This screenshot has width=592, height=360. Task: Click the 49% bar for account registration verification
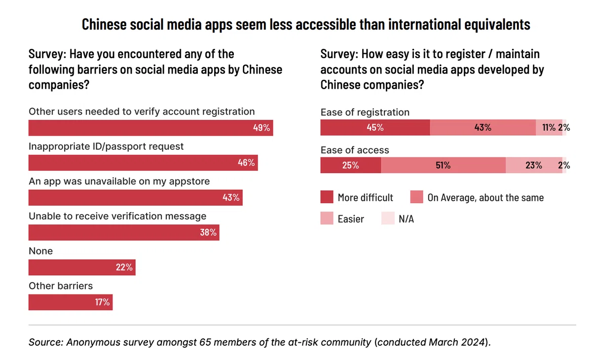(x=150, y=128)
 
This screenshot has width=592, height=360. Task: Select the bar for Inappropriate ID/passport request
(x=143, y=163)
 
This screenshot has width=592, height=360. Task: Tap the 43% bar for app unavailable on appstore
(x=135, y=198)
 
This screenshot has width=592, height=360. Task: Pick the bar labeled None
(x=82, y=267)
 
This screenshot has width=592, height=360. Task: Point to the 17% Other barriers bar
(x=71, y=302)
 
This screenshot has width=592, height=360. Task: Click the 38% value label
(x=208, y=233)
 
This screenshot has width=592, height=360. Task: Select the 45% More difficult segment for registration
(x=375, y=127)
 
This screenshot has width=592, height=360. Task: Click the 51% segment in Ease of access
(x=443, y=165)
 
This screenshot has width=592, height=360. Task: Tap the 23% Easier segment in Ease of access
(x=534, y=165)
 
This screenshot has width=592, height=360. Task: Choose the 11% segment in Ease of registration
(x=549, y=127)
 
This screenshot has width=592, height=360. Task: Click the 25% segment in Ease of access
(x=351, y=165)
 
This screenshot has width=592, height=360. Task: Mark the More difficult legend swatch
(x=327, y=197)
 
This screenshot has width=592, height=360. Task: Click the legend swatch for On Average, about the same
(x=417, y=197)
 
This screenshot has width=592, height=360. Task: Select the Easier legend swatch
(x=327, y=218)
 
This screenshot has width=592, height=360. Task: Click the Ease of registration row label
(x=365, y=112)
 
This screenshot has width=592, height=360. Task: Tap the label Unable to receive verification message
(x=117, y=216)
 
